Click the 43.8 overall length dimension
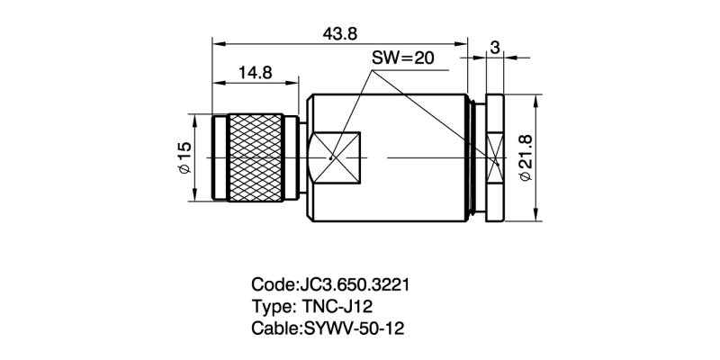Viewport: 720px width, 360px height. point(340,32)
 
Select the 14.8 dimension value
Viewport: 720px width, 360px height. point(255,73)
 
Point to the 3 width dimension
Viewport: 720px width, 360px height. point(495,47)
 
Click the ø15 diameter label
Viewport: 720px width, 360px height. point(184,157)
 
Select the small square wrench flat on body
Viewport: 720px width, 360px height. point(333,157)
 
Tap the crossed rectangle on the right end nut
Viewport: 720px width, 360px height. point(494,157)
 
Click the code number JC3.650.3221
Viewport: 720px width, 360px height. point(355,285)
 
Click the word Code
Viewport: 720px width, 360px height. point(272,285)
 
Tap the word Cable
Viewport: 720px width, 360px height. point(274,328)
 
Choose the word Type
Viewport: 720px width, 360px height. point(271,307)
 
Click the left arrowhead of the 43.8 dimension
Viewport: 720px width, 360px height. point(217,41)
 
